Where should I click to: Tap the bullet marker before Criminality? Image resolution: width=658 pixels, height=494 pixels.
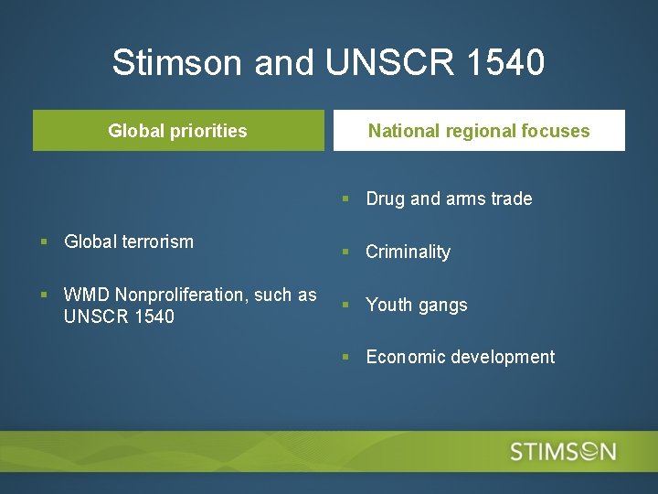[x=345, y=252]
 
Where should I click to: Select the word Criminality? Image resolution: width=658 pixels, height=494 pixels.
[x=408, y=252]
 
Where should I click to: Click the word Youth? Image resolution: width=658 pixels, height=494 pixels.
[x=389, y=305]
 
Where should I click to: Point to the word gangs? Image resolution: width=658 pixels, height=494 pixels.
[x=442, y=306]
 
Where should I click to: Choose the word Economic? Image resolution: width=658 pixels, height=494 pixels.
[x=405, y=357]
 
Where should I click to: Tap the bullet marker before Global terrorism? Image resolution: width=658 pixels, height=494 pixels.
[x=44, y=242]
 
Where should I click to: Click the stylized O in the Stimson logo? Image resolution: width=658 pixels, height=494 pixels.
[x=580, y=451]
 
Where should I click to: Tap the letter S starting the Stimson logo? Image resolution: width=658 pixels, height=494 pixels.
[x=518, y=451]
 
